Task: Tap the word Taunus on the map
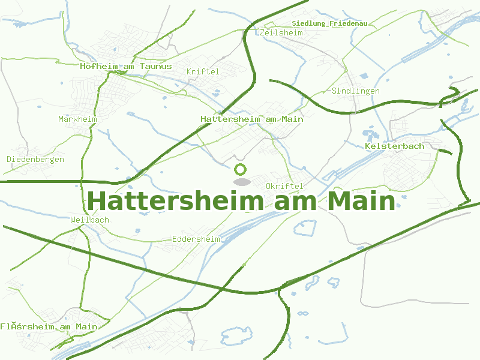(x=155, y=67)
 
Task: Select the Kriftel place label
(x=203, y=71)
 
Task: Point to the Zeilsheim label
(x=281, y=32)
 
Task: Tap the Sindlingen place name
(x=356, y=91)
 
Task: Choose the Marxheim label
(x=77, y=119)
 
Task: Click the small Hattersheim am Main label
(x=252, y=119)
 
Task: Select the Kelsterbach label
(x=394, y=146)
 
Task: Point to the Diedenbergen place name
(x=35, y=159)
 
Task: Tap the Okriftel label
(x=284, y=187)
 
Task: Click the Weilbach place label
(x=89, y=220)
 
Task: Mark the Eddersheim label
(x=196, y=239)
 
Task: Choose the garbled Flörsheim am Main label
(x=49, y=326)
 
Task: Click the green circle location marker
(x=241, y=169)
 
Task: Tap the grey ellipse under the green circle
(x=241, y=182)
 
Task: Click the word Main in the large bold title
(x=362, y=201)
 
